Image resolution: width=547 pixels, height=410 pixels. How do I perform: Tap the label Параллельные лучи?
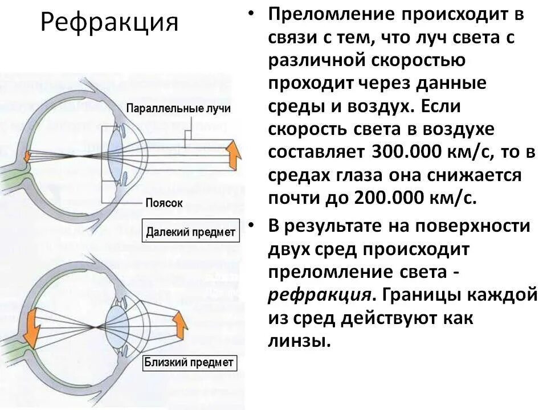[x=178, y=109]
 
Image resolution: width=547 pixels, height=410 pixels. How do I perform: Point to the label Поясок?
[x=163, y=203]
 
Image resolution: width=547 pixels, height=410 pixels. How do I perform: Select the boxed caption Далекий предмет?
[x=190, y=232]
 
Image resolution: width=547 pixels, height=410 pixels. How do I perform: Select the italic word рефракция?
[x=319, y=296]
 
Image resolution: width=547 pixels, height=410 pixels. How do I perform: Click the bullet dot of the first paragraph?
[x=252, y=15]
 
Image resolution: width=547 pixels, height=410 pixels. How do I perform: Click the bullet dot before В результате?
[x=252, y=225]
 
